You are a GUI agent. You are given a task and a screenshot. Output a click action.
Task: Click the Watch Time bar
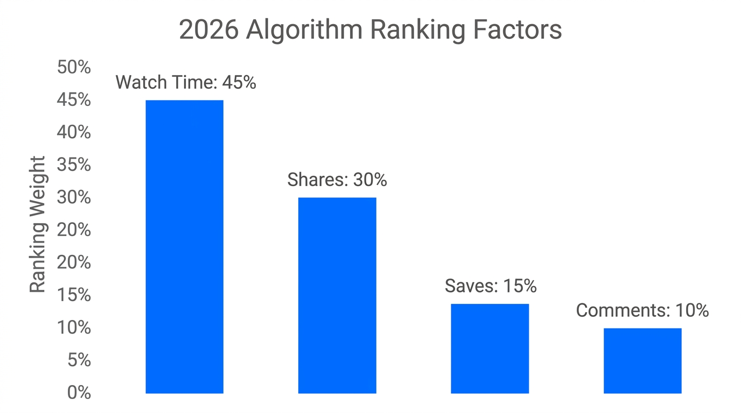(184, 246)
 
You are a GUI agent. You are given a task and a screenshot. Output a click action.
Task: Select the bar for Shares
(337, 295)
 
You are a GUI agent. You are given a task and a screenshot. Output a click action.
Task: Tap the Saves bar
(490, 348)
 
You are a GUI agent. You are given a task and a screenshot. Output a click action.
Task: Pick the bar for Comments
(642, 360)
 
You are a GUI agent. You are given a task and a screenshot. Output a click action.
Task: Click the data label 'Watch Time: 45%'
(186, 82)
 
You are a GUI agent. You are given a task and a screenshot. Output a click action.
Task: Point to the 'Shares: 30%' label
(337, 180)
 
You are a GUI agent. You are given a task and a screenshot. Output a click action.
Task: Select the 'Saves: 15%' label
(491, 286)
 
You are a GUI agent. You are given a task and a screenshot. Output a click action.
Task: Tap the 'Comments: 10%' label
(642, 310)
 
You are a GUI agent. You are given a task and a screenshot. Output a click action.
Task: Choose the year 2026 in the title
(208, 30)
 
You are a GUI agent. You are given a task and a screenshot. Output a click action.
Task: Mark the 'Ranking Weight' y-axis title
(38, 225)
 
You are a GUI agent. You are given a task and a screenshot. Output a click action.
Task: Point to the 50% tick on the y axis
(74, 68)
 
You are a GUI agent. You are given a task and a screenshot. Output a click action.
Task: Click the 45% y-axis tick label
(74, 100)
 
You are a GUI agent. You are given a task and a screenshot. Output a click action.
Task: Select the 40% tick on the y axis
(74, 133)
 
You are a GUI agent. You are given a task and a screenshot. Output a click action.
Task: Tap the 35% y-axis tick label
(74, 165)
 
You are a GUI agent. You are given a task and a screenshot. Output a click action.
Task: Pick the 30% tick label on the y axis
(74, 198)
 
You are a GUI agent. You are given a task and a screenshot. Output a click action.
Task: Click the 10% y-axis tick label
(74, 327)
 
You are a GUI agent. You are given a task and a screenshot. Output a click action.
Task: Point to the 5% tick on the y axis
(79, 360)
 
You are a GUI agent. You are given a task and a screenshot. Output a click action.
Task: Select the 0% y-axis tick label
(79, 393)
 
